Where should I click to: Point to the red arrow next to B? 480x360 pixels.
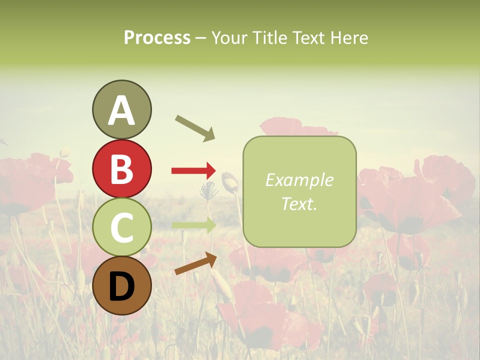tap(193, 171)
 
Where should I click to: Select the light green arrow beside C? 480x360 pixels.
tap(193, 225)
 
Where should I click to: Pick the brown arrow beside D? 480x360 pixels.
tap(195, 263)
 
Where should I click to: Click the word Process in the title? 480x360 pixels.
tap(157, 38)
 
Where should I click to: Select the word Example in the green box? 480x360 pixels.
tap(299, 180)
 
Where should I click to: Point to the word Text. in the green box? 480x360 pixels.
tap(299, 203)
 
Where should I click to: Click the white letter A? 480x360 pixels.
tap(121, 110)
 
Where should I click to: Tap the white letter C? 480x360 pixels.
tap(121, 227)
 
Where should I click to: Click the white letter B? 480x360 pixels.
tap(121, 169)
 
